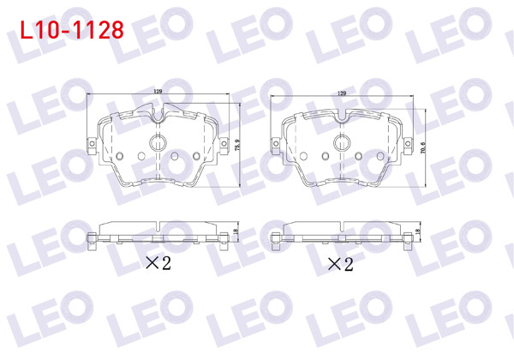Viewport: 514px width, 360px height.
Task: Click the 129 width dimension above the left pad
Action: [x=159, y=92]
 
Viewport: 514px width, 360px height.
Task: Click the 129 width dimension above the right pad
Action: [x=342, y=92]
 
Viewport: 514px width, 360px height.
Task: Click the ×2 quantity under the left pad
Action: [x=158, y=263]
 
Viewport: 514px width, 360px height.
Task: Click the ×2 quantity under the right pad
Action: [x=340, y=263]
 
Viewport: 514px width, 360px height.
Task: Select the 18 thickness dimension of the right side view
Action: [x=418, y=232]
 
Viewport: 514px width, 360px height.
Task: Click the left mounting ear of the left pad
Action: [x=93, y=144]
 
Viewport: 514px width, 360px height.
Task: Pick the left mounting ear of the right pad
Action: [x=275, y=143]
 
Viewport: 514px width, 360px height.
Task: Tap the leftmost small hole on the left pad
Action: [x=120, y=155]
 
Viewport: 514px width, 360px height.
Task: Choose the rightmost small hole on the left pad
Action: [x=196, y=155]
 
